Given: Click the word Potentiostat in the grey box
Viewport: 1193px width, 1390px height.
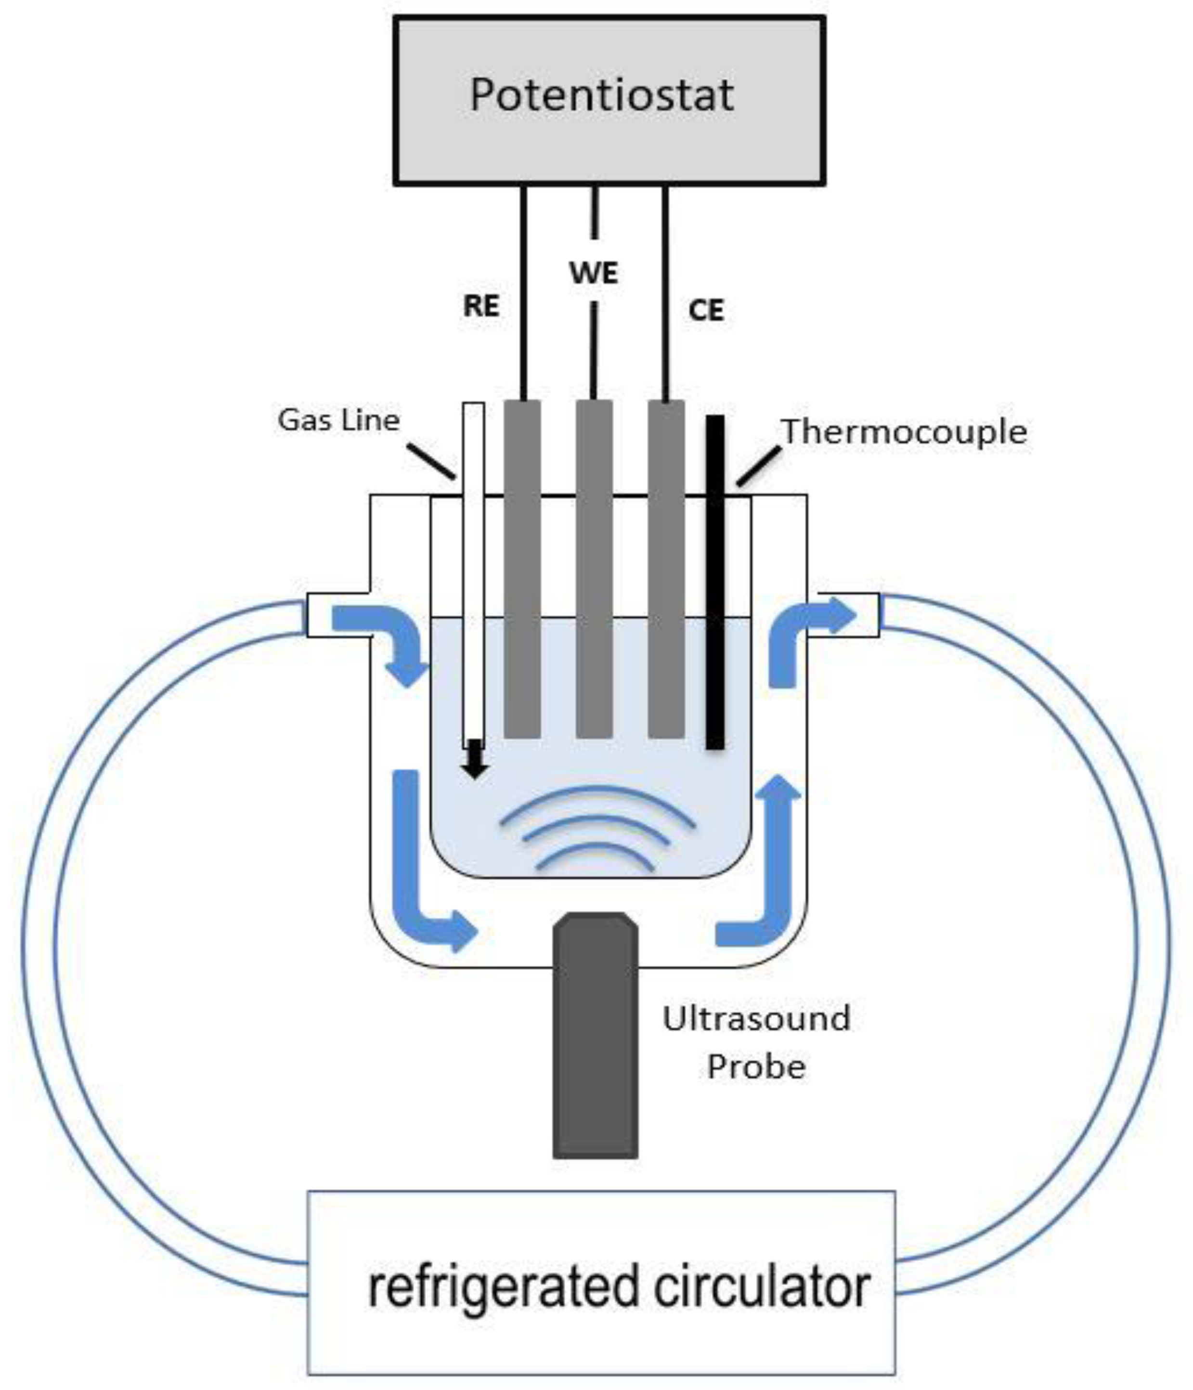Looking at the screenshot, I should coord(601,95).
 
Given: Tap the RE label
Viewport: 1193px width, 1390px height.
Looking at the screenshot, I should coord(481,306).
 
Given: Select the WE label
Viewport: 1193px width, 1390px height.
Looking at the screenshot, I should coord(594,273).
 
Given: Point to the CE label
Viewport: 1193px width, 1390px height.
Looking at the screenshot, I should coord(706,311).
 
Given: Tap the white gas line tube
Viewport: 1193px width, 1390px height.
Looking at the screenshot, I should coord(473,570).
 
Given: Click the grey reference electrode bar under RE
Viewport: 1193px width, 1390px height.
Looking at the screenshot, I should coord(522,570).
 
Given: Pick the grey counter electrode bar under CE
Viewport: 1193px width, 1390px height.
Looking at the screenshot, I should coord(666,570).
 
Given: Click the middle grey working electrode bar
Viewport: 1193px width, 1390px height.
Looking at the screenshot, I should coord(594,570).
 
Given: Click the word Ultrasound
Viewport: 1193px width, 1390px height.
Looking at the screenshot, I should coord(756,1018).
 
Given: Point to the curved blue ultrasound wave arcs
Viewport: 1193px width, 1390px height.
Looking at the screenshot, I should coord(596,829).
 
